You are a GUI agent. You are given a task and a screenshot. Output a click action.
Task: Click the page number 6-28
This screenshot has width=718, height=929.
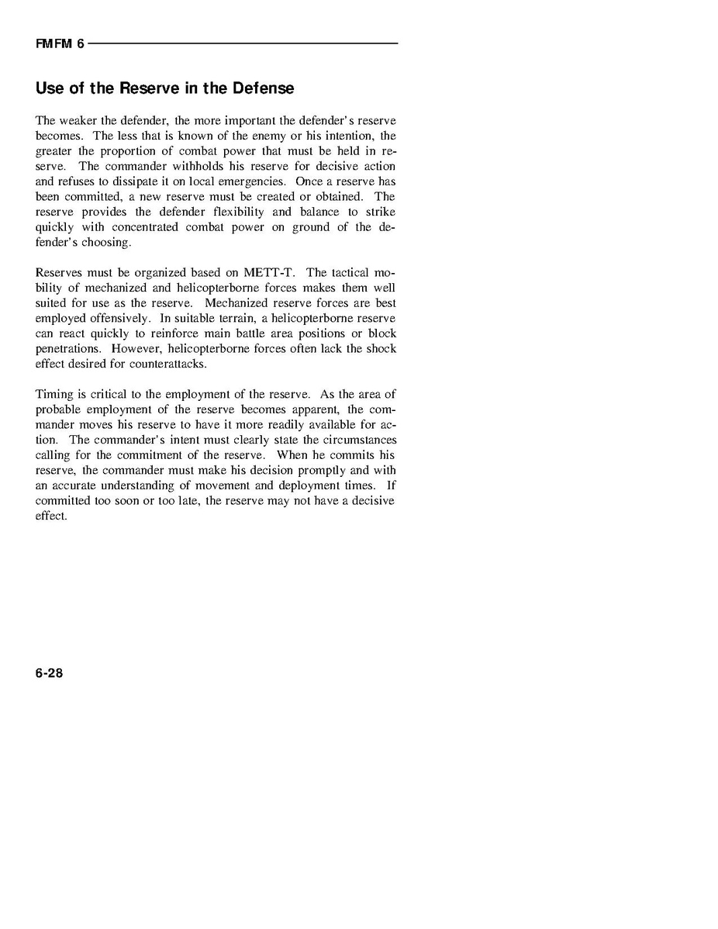coord(49,673)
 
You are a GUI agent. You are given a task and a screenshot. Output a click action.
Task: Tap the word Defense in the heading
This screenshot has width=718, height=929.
coord(263,88)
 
